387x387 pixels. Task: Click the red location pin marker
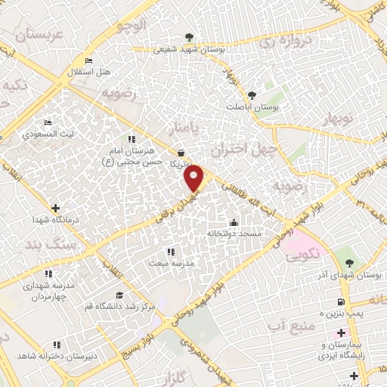click(x=195, y=178)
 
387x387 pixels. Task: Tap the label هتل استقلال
click(x=95, y=72)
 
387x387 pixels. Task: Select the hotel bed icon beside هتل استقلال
click(x=89, y=61)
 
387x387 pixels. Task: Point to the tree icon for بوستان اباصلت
click(x=252, y=96)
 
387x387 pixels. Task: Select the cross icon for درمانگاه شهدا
click(x=54, y=207)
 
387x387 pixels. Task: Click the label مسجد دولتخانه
click(x=234, y=234)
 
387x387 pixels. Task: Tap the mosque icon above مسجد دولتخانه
click(x=234, y=223)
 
